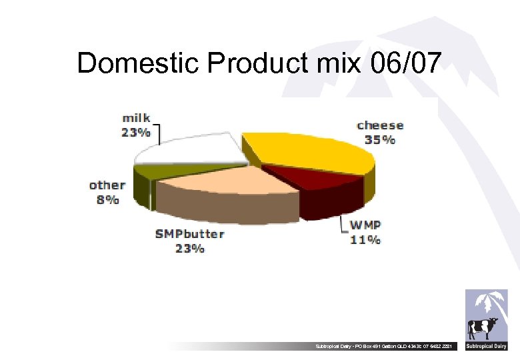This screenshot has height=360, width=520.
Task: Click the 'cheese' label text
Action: tap(380, 125)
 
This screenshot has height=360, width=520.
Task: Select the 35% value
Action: tap(379, 140)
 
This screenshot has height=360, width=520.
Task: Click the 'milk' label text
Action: tap(136, 118)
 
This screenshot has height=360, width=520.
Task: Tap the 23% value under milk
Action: tap(135, 132)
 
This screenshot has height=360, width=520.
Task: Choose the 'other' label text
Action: tap(107, 185)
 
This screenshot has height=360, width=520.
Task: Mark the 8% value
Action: tap(107, 199)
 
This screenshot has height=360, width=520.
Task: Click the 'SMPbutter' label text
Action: tap(189, 235)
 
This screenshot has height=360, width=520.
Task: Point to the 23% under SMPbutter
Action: tap(189, 249)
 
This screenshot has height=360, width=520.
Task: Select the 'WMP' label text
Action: tap(366, 225)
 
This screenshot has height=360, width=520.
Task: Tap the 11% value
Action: tap(366, 239)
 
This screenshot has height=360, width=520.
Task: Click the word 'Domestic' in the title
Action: tap(137, 63)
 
